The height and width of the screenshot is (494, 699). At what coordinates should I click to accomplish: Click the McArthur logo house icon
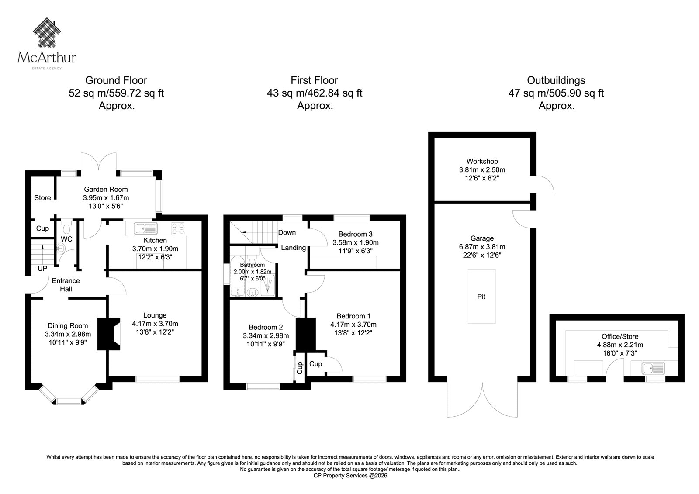click(x=47, y=32)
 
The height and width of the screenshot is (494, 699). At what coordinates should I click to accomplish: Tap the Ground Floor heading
click(x=116, y=80)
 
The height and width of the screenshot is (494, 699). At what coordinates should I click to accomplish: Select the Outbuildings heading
click(x=556, y=80)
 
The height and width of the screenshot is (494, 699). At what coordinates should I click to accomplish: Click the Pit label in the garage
click(x=481, y=297)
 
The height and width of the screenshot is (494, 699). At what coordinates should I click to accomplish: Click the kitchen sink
click(x=145, y=228)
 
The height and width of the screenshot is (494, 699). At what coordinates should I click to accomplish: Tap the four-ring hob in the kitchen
click(x=178, y=228)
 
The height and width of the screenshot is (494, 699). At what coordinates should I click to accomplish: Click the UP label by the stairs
click(x=42, y=268)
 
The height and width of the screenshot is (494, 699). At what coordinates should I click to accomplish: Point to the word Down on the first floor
click(x=287, y=232)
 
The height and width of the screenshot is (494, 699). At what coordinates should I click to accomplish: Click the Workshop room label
click(x=482, y=161)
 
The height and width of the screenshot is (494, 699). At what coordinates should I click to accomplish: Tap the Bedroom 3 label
click(x=356, y=234)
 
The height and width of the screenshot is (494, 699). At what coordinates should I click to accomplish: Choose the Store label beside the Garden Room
click(x=42, y=197)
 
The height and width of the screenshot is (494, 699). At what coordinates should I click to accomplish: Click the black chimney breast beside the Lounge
click(x=109, y=334)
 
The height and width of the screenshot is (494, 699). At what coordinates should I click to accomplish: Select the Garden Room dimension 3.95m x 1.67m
click(x=106, y=197)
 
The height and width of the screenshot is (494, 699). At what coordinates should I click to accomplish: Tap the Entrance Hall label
click(x=66, y=285)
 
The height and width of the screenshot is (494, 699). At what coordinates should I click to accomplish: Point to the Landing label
click(x=293, y=248)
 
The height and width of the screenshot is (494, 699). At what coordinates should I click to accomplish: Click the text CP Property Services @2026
click(x=350, y=476)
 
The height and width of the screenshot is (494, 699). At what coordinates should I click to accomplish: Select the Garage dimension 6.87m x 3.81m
click(x=482, y=246)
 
